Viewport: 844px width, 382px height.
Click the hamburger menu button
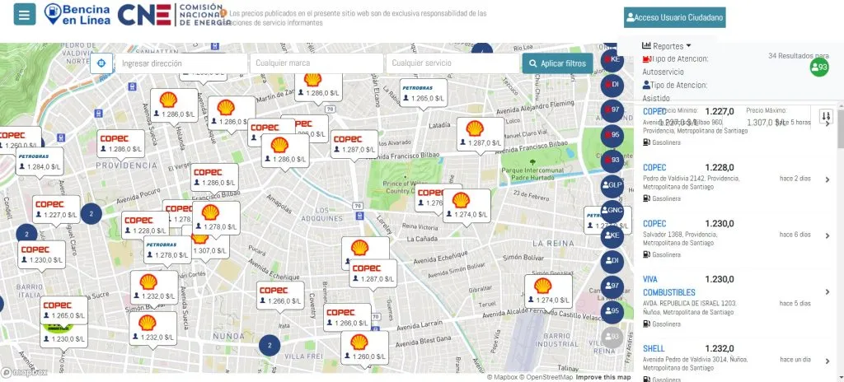(25, 14)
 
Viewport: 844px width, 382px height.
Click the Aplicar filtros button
(557, 63)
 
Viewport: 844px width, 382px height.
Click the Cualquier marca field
(316, 63)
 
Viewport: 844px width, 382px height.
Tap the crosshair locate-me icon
(101, 63)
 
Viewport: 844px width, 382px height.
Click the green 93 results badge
(818, 68)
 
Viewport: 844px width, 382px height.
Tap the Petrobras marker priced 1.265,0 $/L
(423, 91)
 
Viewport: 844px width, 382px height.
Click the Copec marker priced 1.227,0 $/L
(56, 208)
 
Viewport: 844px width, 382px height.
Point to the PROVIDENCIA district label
(126, 165)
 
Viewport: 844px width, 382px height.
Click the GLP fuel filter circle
(612, 185)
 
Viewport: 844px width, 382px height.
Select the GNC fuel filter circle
(612, 210)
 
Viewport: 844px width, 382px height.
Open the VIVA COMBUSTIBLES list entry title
(668, 286)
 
